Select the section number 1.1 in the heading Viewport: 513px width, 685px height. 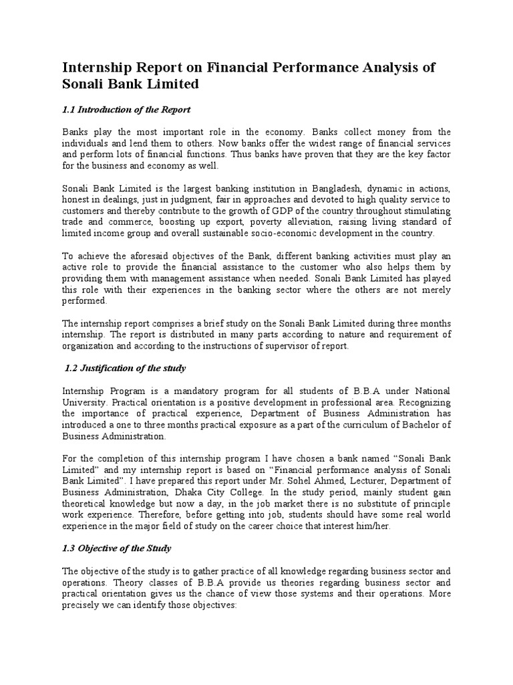(69, 109)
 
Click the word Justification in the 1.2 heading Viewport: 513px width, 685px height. (110, 369)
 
